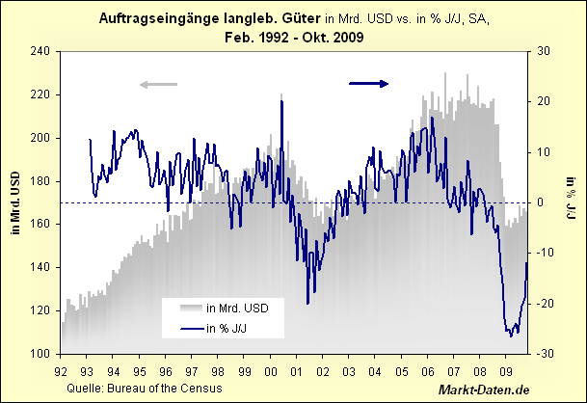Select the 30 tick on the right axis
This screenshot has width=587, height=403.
[x=544, y=51]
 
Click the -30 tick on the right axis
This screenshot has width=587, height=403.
[x=544, y=354]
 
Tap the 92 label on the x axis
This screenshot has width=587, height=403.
[x=61, y=368]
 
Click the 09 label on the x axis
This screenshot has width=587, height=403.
[x=506, y=368]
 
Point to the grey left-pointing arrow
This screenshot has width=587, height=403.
[x=159, y=84]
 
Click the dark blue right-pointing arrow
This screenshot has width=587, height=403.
[x=368, y=84]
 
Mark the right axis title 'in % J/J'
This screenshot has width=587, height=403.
[x=571, y=202]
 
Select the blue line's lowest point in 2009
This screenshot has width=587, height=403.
[x=511, y=336]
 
